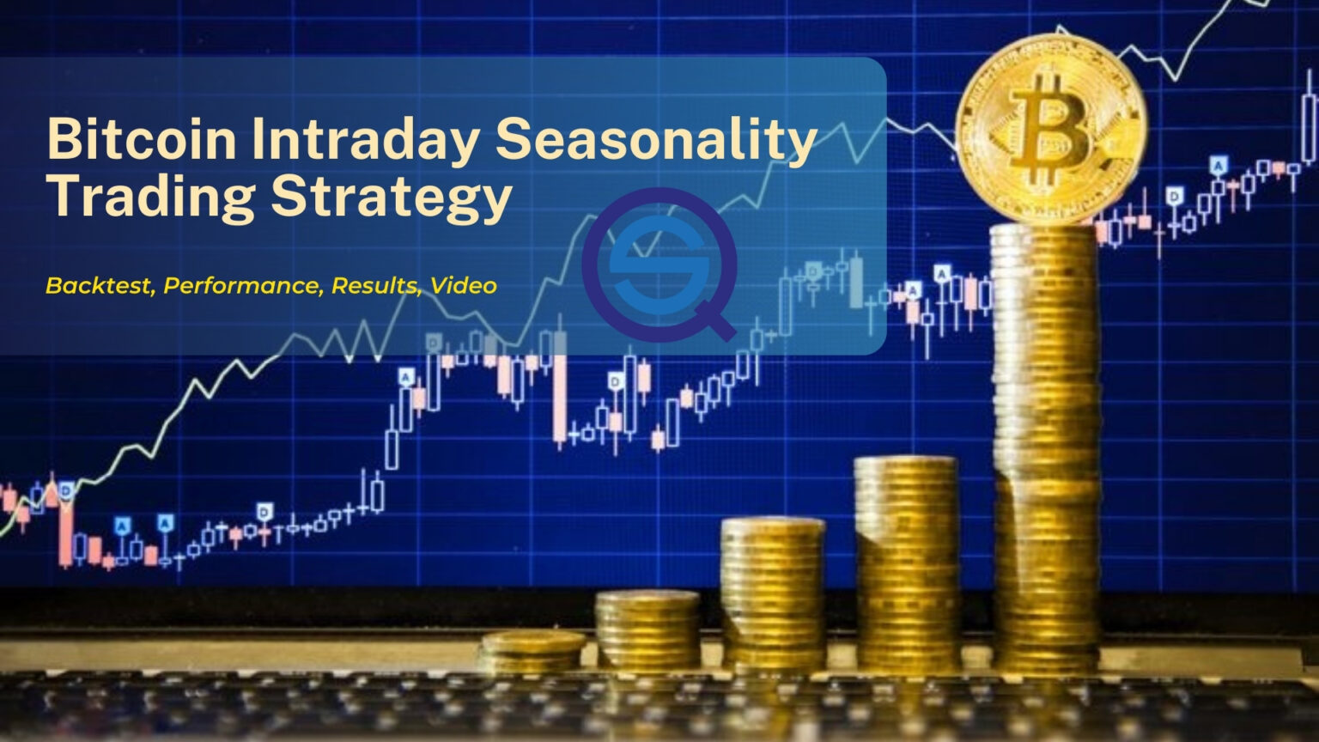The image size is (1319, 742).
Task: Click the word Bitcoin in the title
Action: tap(142, 139)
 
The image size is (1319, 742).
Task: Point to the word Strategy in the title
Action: tap(390, 197)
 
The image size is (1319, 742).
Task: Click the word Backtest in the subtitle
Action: tap(100, 286)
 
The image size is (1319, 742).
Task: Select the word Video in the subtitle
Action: tap(464, 286)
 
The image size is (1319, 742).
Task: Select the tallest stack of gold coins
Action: tap(1046, 447)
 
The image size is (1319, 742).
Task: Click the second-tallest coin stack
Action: tap(908, 563)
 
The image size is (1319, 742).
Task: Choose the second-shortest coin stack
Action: tap(647, 630)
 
